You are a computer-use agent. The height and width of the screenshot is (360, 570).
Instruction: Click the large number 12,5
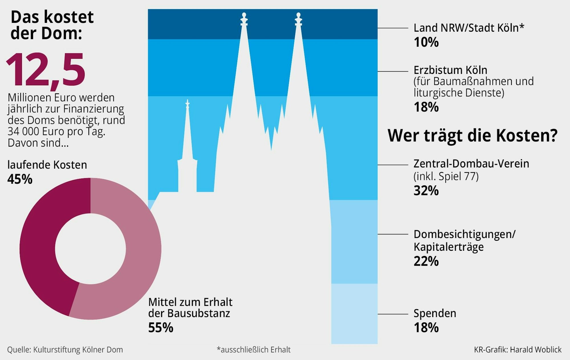click(x=46, y=70)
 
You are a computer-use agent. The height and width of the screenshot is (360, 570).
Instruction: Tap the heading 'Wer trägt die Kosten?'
click(x=472, y=135)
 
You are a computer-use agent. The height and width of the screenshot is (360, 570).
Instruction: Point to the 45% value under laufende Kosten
click(x=20, y=179)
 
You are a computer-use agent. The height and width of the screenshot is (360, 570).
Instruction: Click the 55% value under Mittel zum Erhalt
click(x=161, y=328)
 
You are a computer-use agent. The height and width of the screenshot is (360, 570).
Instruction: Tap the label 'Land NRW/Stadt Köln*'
click(x=469, y=28)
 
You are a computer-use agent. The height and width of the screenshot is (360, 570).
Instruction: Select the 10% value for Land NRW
click(x=426, y=43)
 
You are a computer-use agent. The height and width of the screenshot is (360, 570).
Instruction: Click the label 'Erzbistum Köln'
click(x=450, y=70)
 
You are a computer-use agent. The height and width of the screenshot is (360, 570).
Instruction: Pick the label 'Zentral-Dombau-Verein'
click(x=471, y=164)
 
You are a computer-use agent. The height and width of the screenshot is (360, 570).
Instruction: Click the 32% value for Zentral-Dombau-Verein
click(x=426, y=191)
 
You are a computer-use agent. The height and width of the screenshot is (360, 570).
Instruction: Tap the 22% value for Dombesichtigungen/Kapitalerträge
click(x=426, y=261)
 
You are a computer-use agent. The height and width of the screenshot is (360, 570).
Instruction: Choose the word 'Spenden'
click(x=435, y=314)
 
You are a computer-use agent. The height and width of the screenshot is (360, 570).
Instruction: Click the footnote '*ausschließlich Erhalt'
click(x=253, y=350)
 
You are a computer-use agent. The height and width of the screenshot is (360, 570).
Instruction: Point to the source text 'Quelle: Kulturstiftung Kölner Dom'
click(x=65, y=350)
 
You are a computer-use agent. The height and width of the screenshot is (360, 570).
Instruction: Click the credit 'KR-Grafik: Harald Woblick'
click(x=518, y=350)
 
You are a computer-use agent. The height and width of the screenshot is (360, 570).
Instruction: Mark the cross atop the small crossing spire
click(x=187, y=103)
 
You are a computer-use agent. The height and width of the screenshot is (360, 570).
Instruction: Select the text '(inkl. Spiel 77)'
click(x=446, y=177)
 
